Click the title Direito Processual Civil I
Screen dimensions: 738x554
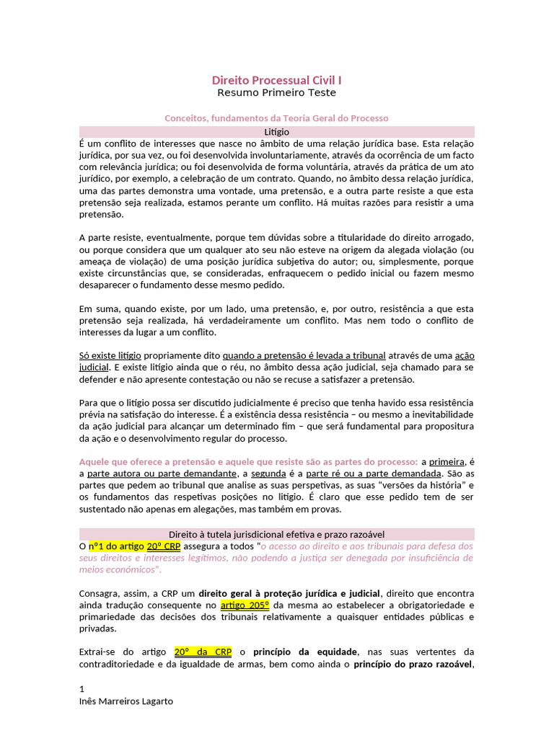pyautogui.click(x=276, y=80)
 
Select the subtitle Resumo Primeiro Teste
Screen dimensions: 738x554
pyautogui.click(x=276, y=93)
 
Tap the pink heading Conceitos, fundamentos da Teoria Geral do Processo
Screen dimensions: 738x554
pyautogui.click(x=276, y=118)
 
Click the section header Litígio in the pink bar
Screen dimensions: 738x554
pyautogui.click(x=276, y=132)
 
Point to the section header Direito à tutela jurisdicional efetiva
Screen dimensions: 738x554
pyautogui.click(x=276, y=534)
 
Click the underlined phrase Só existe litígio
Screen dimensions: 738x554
pyautogui.click(x=110, y=355)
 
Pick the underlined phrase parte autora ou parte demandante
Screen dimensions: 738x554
pyautogui.click(x=162, y=474)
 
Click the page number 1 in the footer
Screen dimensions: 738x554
pyautogui.click(x=82, y=689)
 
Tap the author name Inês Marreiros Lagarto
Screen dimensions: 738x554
pyautogui.click(x=126, y=701)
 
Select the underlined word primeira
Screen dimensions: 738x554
pyautogui.click(x=447, y=461)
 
